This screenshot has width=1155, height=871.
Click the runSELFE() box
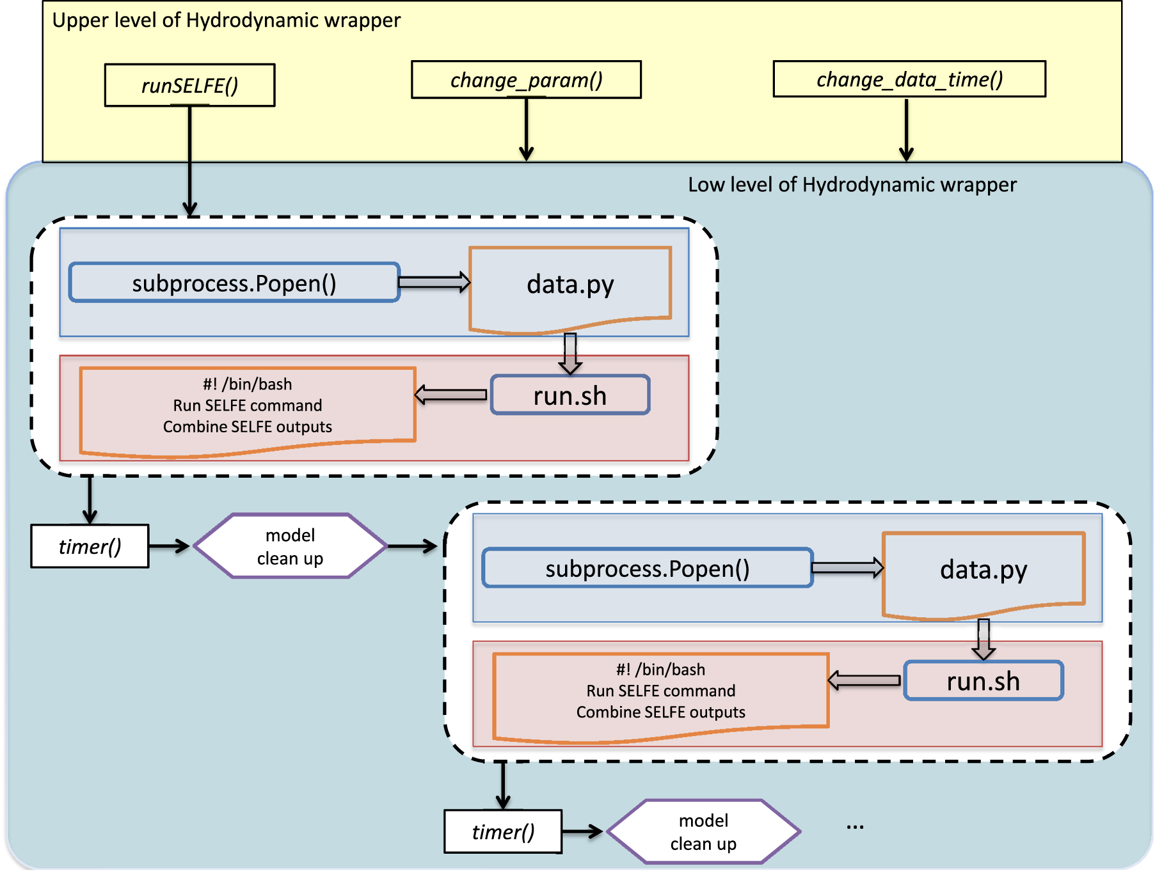point(189,85)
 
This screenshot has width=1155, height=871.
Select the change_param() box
point(526,80)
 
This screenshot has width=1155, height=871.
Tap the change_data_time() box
point(909,79)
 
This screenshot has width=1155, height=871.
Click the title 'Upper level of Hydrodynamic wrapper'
point(226,20)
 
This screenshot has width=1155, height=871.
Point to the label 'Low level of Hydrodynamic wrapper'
point(852,185)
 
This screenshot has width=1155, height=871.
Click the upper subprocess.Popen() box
point(234,283)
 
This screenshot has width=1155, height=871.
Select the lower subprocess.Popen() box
point(648,568)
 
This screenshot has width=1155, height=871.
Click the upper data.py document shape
point(570,285)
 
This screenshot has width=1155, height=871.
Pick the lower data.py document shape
point(984,570)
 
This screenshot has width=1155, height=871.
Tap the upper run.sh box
point(570,396)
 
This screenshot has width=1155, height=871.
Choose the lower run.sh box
point(984,681)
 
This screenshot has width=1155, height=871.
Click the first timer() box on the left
point(90,546)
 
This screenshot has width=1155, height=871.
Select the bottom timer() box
point(503,831)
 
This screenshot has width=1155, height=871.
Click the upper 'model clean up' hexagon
point(290,546)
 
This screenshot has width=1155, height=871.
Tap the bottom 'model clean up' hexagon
point(703,831)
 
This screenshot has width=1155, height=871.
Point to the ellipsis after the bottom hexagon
point(855,826)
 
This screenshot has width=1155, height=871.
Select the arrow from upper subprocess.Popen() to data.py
point(434,282)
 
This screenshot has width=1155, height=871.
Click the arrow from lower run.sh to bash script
point(864,680)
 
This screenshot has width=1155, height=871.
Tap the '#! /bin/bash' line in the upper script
point(247,384)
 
